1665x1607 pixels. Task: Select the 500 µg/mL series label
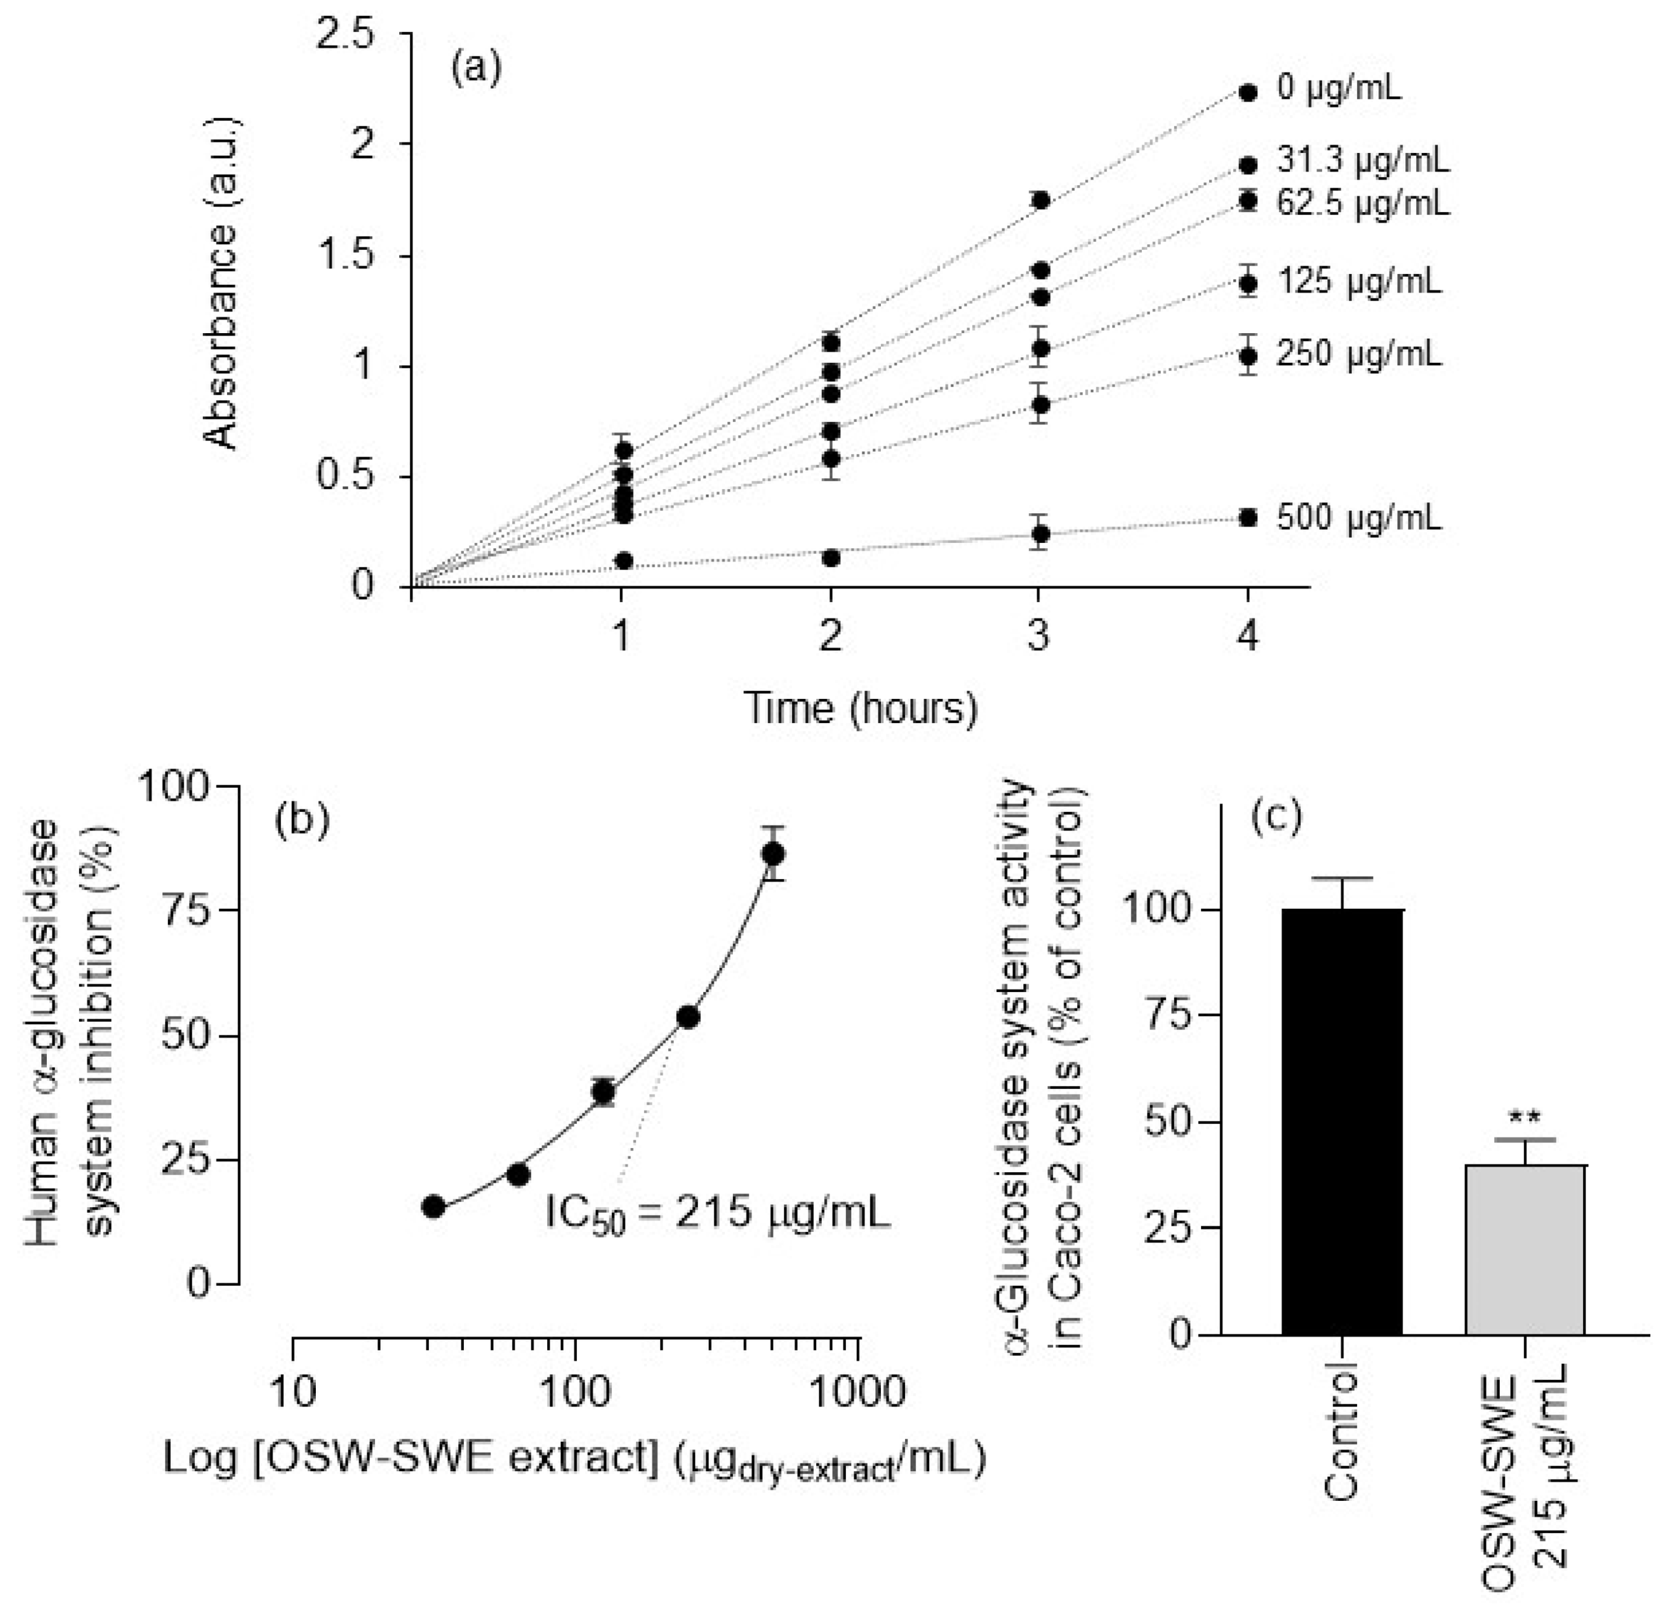click(1358, 518)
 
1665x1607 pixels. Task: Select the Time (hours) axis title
click(861, 708)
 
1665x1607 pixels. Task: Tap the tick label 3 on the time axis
click(1039, 635)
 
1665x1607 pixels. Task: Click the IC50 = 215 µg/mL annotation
click(718, 1213)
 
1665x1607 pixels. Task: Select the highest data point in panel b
click(772, 854)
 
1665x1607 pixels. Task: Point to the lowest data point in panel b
click(433, 1206)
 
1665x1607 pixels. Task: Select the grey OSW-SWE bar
click(1525, 1249)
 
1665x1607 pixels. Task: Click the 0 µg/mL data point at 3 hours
click(1039, 200)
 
